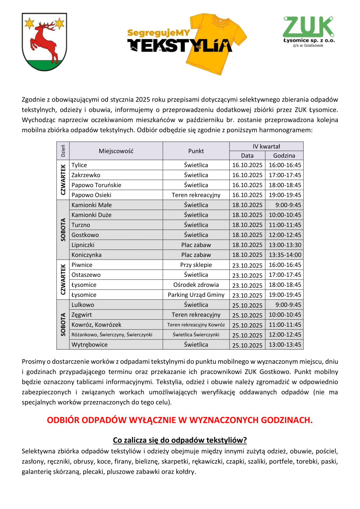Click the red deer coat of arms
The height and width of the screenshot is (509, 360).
pos(44,42)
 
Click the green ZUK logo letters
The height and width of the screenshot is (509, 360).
pos(308,27)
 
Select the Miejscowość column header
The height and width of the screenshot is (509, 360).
pos(116,151)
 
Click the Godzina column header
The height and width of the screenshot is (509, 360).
pos(284,156)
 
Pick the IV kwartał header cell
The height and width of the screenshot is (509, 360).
pos(266,146)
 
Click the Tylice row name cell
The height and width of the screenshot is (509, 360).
pos(79,165)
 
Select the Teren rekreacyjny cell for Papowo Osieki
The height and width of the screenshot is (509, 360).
pos(196,195)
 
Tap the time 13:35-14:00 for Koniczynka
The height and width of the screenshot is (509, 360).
pos(285,255)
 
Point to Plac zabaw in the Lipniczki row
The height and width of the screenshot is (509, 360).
pos(196,245)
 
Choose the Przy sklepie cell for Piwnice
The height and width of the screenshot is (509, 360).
pos(196,265)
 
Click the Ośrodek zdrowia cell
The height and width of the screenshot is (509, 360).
pos(196,285)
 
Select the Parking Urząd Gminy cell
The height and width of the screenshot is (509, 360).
pos(196,295)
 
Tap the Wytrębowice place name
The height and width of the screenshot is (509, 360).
pos(89,345)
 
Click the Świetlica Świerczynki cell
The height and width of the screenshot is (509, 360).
pos(196,335)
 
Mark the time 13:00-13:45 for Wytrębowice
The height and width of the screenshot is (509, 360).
pos(285,345)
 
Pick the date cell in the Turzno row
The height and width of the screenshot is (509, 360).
pos(247,225)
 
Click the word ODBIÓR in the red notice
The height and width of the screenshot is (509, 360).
pos(63,420)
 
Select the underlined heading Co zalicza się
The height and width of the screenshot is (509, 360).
pos(180,440)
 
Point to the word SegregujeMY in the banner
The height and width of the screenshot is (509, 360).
pos(158,33)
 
